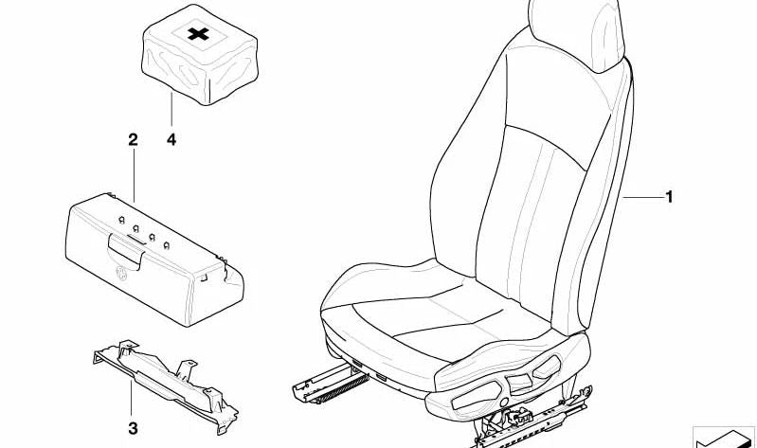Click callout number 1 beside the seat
coord(669,197)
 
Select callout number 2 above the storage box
coord(133,140)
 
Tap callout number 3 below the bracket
coord(133,428)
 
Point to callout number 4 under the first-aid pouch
coord(171,140)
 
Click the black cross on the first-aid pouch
coord(198,34)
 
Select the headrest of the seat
coord(577,34)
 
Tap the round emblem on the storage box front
coord(121,274)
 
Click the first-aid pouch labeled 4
coord(199,54)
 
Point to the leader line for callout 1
coord(643,197)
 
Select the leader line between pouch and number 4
coord(171,110)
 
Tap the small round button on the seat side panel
coord(504,403)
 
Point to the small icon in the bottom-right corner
coord(723,438)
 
